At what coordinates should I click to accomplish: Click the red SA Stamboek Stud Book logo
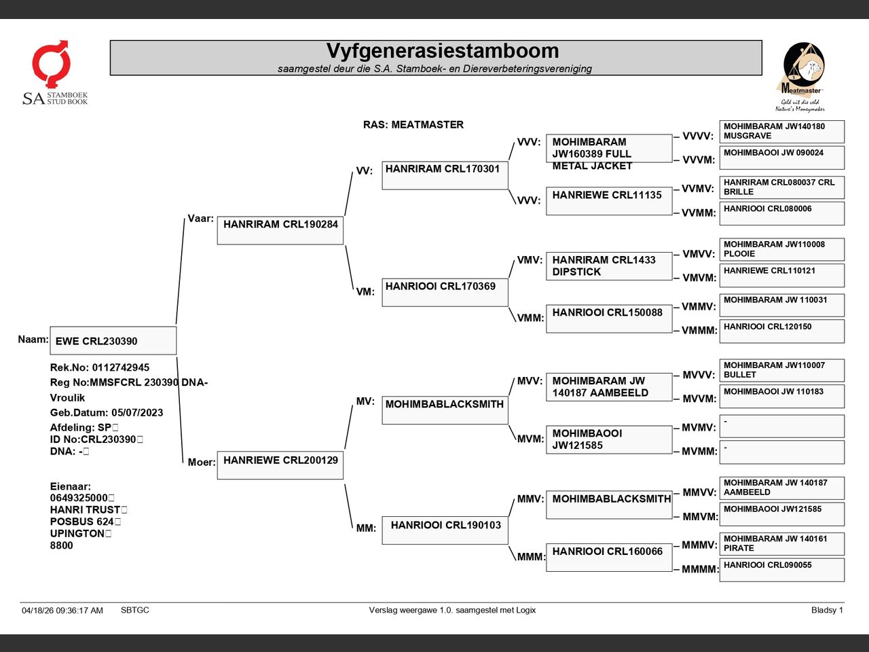coord(54,73)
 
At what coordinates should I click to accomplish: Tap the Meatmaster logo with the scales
coord(802,77)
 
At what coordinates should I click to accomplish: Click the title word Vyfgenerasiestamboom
coord(443,51)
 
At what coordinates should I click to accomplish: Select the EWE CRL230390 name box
coord(113,340)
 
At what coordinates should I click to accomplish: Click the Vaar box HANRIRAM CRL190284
coord(280,230)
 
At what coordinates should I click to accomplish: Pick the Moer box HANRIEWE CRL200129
coord(280,465)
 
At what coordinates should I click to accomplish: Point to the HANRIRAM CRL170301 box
coord(445,175)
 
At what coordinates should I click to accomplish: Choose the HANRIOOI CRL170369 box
coord(445,293)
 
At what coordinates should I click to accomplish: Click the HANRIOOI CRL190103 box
coord(445,530)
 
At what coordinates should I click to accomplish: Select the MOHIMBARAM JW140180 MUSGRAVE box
coord(782,132)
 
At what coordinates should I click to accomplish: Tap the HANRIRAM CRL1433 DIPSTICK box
coord(609,266)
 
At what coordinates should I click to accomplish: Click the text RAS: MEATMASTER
coord(413,125)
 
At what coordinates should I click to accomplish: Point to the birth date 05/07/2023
coord(137,412)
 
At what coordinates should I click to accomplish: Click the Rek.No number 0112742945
coord(121,367)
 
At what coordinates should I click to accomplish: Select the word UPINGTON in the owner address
coord(77,533)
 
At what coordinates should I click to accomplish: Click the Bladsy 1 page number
coord(827,610)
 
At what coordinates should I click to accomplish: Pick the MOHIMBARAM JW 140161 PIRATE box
coord(782,544)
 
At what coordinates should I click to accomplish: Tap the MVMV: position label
coord(699,428)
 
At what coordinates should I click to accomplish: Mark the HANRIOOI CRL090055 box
coord(782,570)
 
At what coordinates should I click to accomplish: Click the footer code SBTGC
coord(135,610)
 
